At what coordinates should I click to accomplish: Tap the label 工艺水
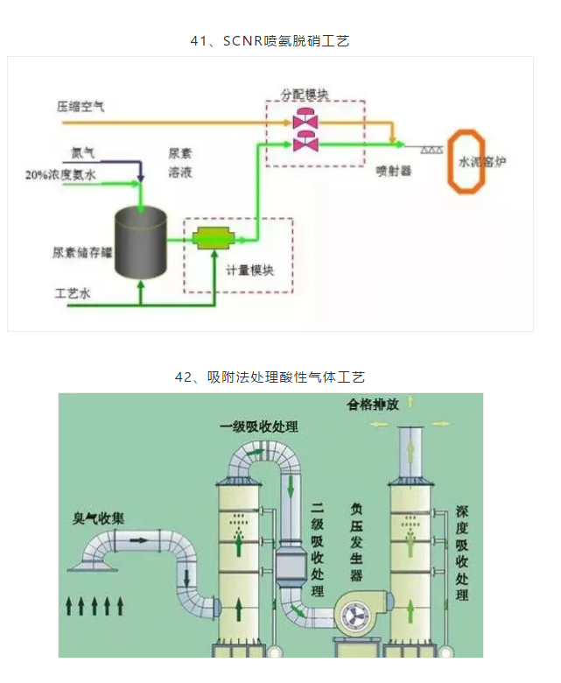(73, 294)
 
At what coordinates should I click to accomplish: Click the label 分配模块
(305, 92)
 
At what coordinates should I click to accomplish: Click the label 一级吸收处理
(258, 426)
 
